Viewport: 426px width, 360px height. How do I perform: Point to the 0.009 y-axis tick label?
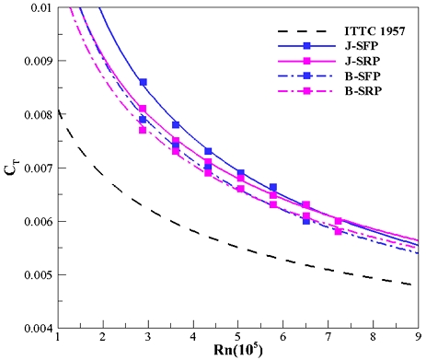tap(34, 62)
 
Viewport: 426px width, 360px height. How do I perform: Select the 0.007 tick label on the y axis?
tap(34, 168)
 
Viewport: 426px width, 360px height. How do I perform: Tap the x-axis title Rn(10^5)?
tap(237, 352)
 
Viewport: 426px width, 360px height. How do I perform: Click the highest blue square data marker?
tap(143, 82)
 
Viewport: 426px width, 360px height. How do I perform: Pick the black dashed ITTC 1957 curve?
tap(237, 247)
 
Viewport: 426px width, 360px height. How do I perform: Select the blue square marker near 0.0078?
tap(175, 124)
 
